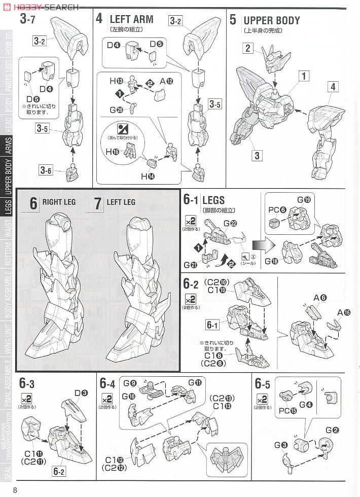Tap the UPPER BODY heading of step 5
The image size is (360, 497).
pyautogui.click(x=271, y=20)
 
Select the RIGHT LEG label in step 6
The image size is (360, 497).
pyautogui.click(x=59, y=202)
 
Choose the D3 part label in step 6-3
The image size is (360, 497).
pyautogui.click(x=81, y=392)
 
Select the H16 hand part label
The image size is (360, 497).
pyautogui.click(x=112, y=151)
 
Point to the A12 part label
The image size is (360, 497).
pyautogui.click(x=166, y=81)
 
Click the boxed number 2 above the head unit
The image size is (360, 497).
pyautogui.click(x=247, y=48)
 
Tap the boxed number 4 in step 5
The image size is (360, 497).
pyautogui.click(x=333, y=87)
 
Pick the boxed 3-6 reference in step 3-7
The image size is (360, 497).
pyautogui.click(x=46, y=170)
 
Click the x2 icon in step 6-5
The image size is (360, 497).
pyautogui.click(x=262, y=398)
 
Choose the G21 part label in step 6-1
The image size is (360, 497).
pyautogui.click(x=190, y=264)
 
